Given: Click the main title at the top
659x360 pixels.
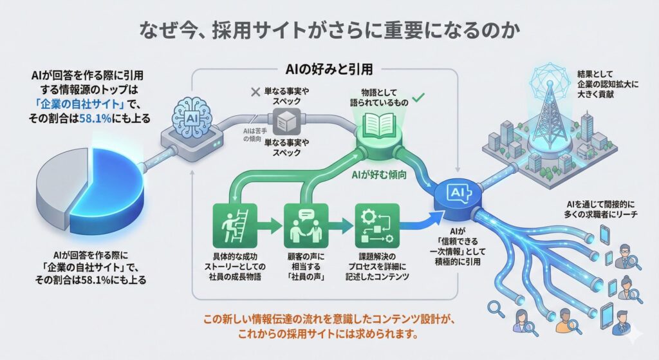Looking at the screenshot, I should click(x=329, y=30).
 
